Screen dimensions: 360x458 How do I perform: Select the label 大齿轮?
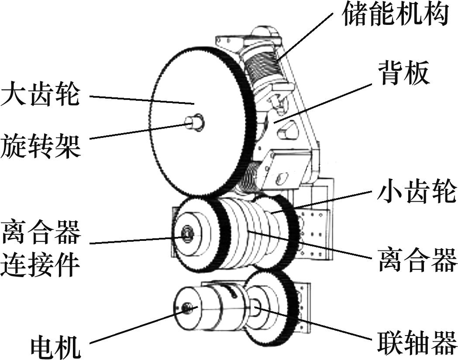[40, 95]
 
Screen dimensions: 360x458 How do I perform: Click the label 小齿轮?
[417, 192]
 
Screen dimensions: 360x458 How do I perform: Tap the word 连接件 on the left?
[40, 264]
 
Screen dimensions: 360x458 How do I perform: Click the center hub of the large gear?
[194, 122]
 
